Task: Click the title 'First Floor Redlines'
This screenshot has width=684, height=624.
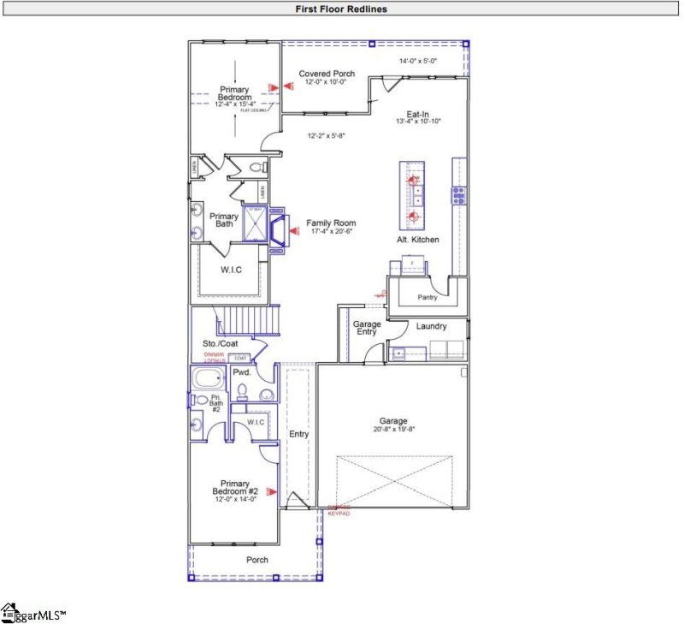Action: [342, 8]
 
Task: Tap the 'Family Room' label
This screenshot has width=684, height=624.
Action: [331, 223]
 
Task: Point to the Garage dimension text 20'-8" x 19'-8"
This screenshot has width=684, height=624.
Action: [393, 430]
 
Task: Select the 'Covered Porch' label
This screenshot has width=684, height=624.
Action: [327, 74]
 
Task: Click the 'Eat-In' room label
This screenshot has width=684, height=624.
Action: [417, 113]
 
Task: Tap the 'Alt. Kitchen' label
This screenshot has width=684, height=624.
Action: [417, 240]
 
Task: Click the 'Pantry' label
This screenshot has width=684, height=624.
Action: [427, 298]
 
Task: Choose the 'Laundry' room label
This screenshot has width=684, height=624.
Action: [432, 326]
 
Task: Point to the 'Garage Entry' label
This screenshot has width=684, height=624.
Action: [367, 329]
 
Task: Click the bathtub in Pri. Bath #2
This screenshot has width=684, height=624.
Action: [209, 379]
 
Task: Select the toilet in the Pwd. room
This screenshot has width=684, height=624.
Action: [242, 393]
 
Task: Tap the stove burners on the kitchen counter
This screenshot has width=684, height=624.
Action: [459, 196]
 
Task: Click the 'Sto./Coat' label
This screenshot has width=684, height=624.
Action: [219, 344]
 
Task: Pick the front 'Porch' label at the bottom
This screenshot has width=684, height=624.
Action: [257, 560]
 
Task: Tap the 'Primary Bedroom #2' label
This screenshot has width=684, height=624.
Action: [234, 486]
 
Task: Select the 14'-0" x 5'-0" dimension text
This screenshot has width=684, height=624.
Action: [419, 61]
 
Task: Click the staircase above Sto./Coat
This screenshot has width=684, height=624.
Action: [248, 322]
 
